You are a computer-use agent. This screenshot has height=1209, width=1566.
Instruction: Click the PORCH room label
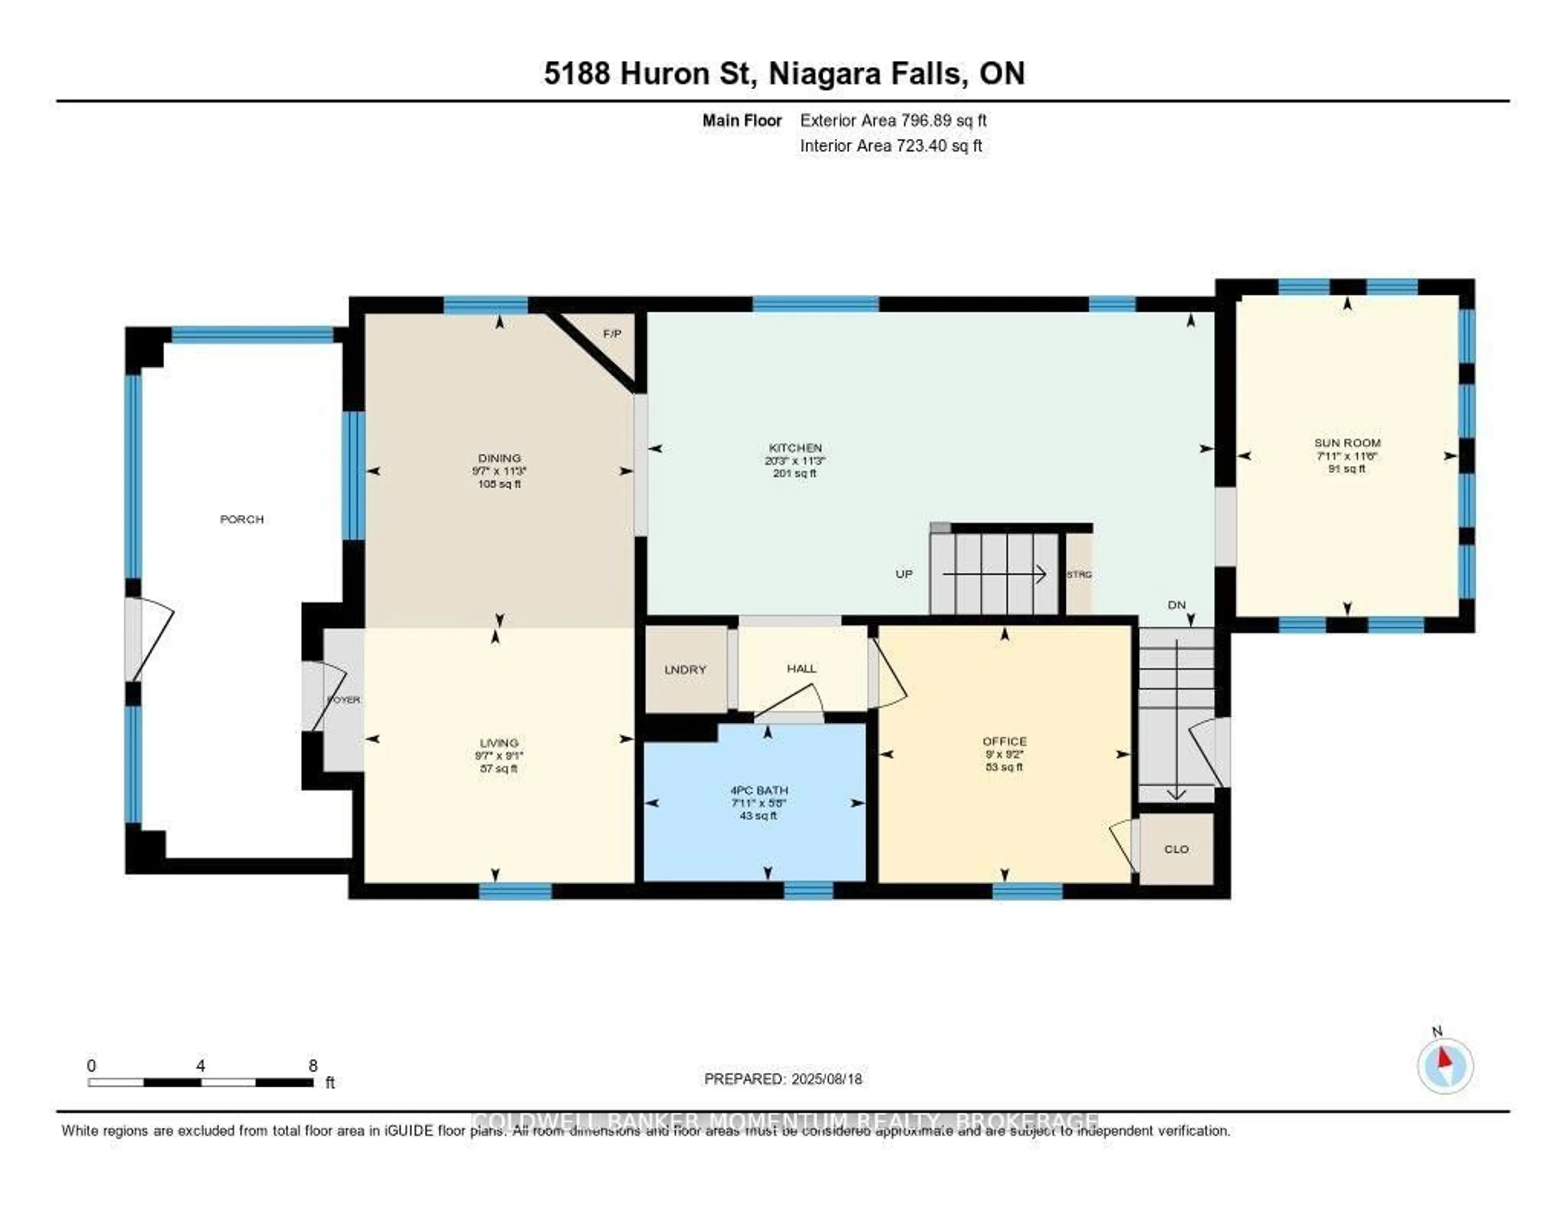(242, 519)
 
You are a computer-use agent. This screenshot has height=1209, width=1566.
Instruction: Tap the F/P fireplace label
(612, 334)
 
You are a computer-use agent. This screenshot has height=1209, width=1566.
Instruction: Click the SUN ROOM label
(1347, 443)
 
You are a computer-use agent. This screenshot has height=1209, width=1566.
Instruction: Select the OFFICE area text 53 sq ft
(1004, 767)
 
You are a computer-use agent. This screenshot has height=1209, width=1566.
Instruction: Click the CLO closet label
(1176, 849)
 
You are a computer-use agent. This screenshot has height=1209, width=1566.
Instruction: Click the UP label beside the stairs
(903, 574)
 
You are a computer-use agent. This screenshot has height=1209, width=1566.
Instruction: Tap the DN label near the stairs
(1177, 605)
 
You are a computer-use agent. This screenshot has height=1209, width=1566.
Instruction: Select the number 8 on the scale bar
(313, 1066)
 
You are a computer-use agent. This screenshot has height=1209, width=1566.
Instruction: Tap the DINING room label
(499, 458)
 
